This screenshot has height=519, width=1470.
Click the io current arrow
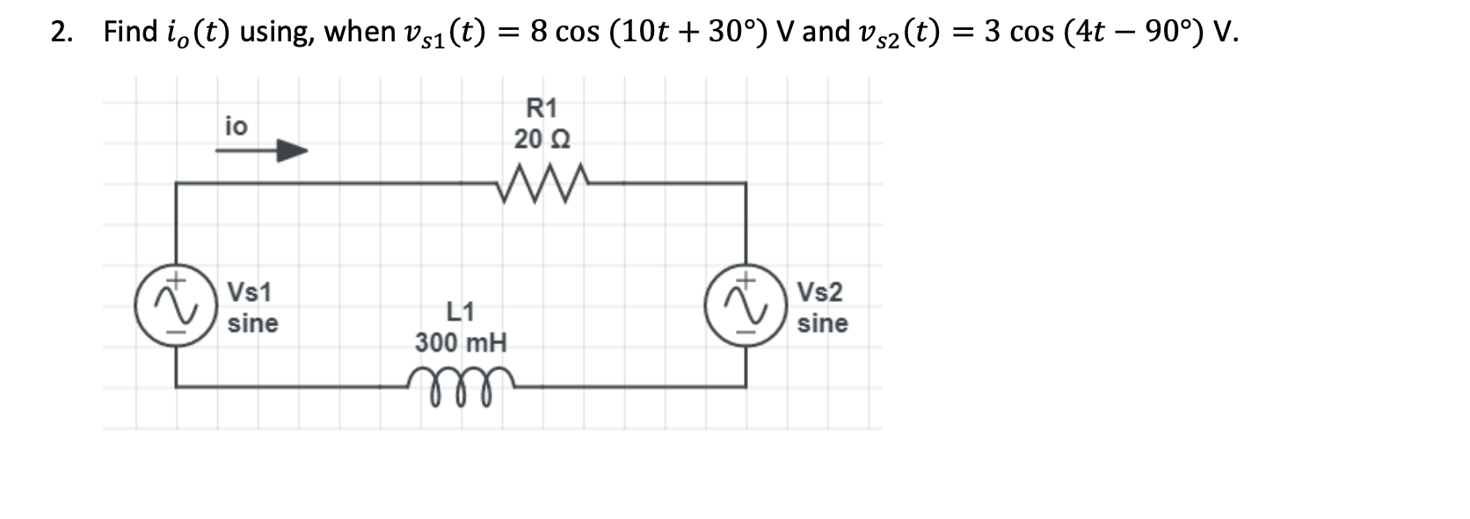point(262,150)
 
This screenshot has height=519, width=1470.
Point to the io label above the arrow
point(236,127)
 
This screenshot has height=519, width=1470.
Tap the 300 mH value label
point(461,342)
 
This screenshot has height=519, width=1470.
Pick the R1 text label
point(542,108)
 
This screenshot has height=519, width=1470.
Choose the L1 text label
point(461,311)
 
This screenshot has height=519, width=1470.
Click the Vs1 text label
point(250,292)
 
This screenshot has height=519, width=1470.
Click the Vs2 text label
point(819,292)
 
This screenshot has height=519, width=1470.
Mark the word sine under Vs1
point(252,324)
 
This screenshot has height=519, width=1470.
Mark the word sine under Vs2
point(822,324)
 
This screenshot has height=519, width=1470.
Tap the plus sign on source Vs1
point(177,280)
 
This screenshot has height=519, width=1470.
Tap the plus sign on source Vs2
point(746,280)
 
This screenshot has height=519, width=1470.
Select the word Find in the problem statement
point(129,33)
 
